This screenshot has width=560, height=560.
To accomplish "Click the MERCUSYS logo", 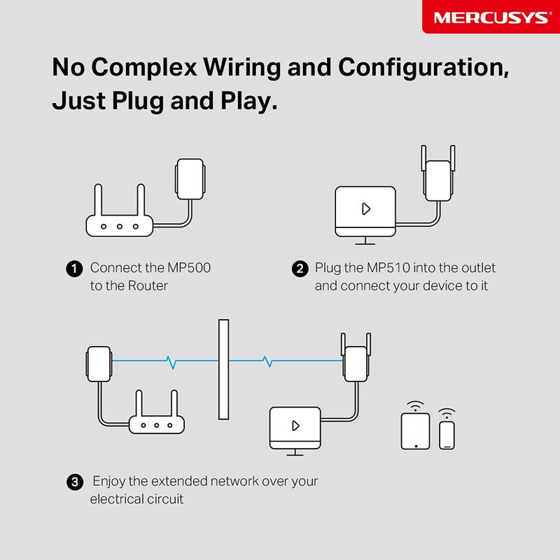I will (x=491, y=17).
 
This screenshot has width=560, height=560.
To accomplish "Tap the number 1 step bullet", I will (x=73, y=269).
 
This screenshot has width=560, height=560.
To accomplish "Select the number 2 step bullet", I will (x=299, y=269).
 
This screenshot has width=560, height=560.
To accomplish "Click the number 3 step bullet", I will (x=73, y=482).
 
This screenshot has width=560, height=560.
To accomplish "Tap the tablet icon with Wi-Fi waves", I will (x=415, y=430).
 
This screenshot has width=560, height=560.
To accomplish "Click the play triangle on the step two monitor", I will (x=365, y=209).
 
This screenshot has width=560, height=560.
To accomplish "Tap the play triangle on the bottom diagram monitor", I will (x=295, y=426).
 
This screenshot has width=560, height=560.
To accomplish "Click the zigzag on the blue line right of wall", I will (x=267, y=361).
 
